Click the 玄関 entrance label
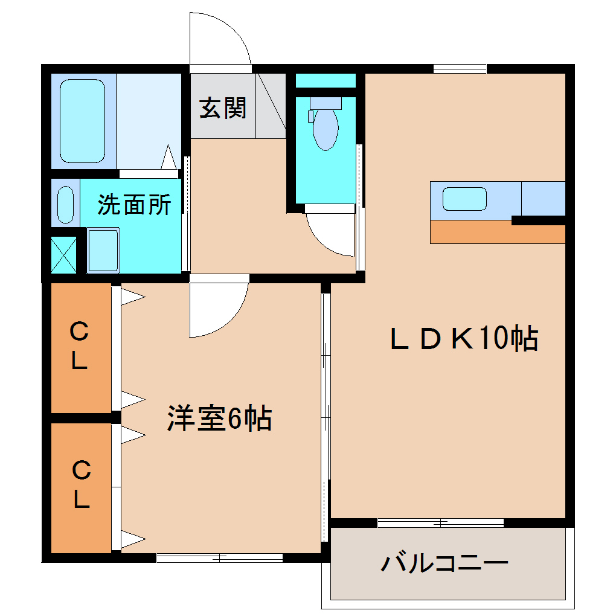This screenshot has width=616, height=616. [223, 109]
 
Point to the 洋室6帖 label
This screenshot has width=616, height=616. [219, 419]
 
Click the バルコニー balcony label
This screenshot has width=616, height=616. [444, 564]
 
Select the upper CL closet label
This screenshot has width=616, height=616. [79, 346]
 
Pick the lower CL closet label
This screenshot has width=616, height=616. [81, 484]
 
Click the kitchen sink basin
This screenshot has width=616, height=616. [464, 199]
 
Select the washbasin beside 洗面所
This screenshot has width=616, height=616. [65, 204]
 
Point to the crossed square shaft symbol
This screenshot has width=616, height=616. [64, 254]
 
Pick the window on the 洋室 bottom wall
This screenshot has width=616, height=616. [219, 557]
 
